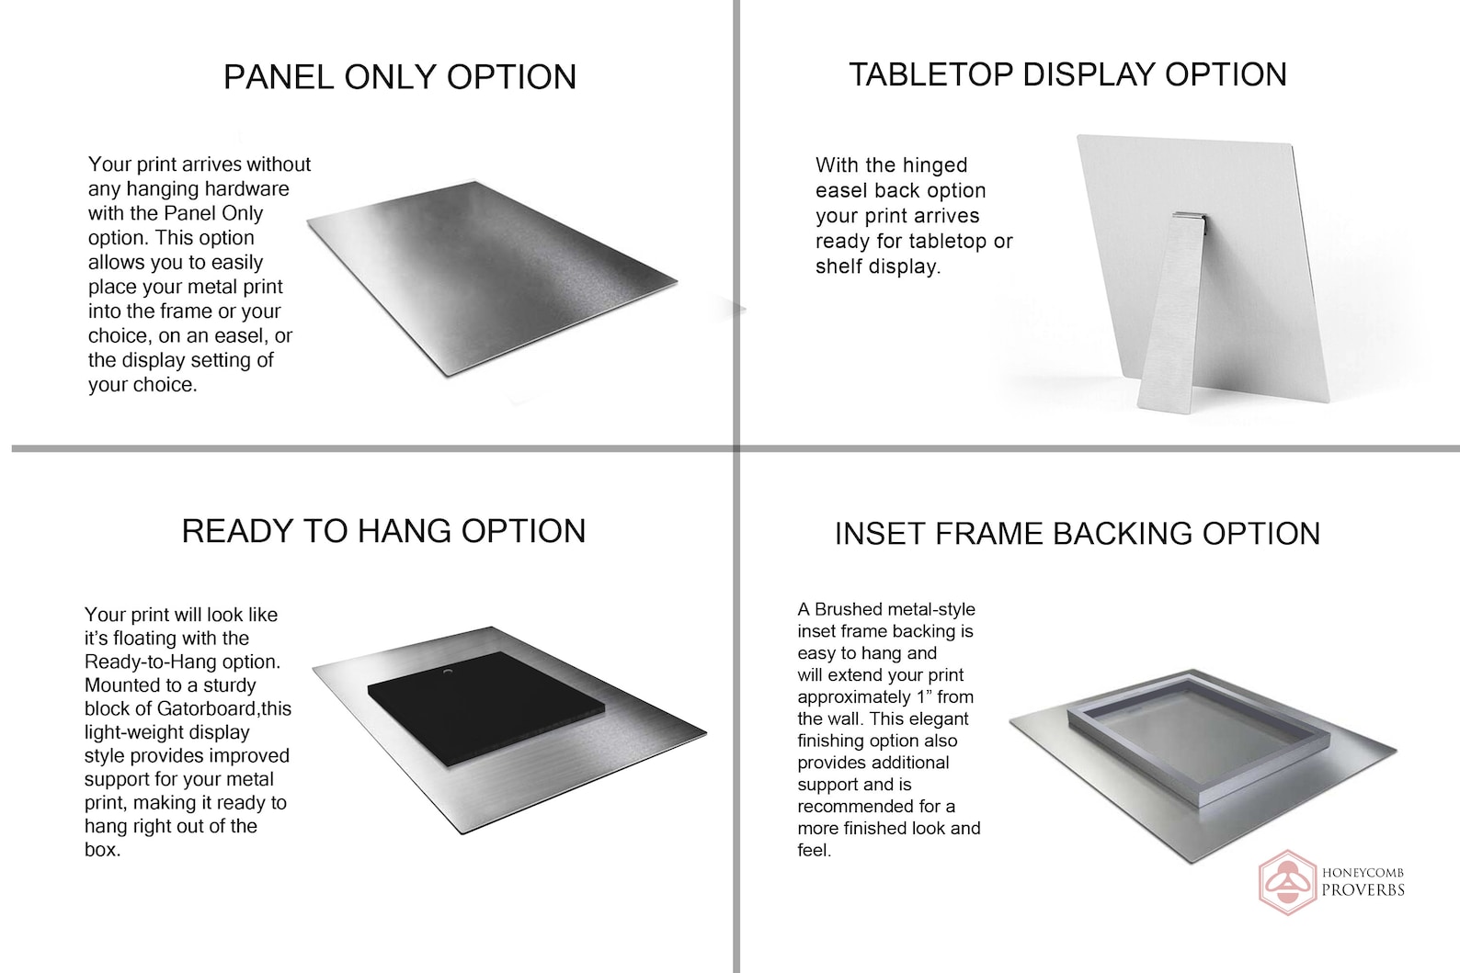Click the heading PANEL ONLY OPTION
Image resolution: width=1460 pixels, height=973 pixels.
pyautogui.click(x=400, y=77)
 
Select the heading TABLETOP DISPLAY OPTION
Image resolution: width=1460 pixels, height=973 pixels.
pyautogui.click(x=1067, y=74)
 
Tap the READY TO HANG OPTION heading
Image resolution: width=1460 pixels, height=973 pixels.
pyautogui.click(x=383, y=531)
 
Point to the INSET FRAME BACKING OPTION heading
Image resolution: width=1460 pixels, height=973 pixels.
pyautogui.click(x=1078, y=534)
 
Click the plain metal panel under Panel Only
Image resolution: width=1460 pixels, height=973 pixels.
pyautogui.click(x=492, y=278)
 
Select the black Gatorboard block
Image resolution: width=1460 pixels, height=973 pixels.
pyautogui.click(x=485, y=708)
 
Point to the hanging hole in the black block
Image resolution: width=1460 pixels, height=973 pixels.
pyautogui.click(x=447, y=671)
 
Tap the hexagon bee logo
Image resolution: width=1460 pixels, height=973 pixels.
pyautogui.click(x=1287, y=883)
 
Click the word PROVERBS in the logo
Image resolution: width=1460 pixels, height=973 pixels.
pyautogui.click(x=1363, y=890)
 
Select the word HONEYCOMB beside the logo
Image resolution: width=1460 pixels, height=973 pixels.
pyautogui.click(x=1363, y=873)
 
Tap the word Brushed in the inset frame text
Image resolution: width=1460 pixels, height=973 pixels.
pyautogui.click(x=844, y=609)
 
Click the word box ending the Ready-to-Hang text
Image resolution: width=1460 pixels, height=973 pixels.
pyautogui.click(x=102, y=850)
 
